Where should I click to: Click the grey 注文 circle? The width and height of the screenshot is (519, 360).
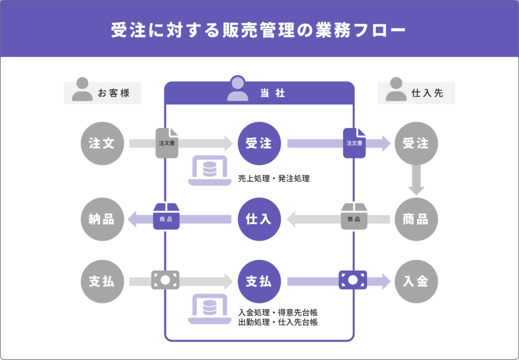[102, 143]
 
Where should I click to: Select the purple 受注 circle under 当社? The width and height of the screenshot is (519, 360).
[259, 143]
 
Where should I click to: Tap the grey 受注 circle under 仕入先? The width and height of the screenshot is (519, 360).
[416, 143]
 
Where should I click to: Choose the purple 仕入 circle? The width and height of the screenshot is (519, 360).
[259, 219]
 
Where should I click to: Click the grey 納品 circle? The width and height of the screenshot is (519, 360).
[102, 219]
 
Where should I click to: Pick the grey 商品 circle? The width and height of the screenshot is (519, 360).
[416, 219]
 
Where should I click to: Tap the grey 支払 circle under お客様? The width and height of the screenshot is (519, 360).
[102, 282]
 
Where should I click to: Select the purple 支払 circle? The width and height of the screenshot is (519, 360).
[259, 282]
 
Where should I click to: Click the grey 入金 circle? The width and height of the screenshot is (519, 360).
[416, 282]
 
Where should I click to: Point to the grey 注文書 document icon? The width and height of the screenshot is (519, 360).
[167, 142]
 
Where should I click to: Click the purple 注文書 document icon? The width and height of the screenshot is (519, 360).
[354, 142]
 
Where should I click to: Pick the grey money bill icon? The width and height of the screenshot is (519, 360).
[165, 280]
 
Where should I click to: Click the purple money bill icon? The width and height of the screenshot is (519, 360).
[353, 280]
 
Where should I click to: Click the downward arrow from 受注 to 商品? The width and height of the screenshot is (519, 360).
[416, 180]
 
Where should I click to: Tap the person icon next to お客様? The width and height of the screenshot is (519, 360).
[82, 89]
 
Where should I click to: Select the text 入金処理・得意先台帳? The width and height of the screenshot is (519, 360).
[278, 313]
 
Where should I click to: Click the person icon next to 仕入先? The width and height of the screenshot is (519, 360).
[396, 89]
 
